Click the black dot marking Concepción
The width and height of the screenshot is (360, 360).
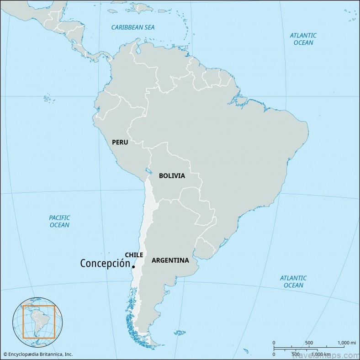click(133, 266)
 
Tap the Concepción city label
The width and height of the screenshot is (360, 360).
click(105, 264)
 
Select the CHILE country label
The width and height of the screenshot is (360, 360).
click(134, 255)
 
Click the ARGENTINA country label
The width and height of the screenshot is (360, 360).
click(170, 260)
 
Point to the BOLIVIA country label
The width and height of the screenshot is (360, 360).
click(172, 175)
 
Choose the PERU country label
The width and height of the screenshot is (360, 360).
click(120, 142)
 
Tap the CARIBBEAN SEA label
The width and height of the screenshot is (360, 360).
click(133, 27)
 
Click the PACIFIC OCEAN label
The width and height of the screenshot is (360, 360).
click(59, 221)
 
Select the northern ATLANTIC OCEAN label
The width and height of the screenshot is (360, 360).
click(303, 39)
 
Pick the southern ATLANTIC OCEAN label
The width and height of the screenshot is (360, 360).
click(293, 281)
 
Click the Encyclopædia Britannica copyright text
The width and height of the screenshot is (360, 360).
click(37, 354)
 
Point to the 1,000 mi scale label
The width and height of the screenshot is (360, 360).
click(346, 343)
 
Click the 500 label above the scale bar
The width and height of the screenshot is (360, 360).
click(309, 343)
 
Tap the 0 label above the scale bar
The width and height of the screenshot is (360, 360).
click(274, 343)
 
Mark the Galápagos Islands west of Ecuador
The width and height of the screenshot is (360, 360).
click(47, 98)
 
